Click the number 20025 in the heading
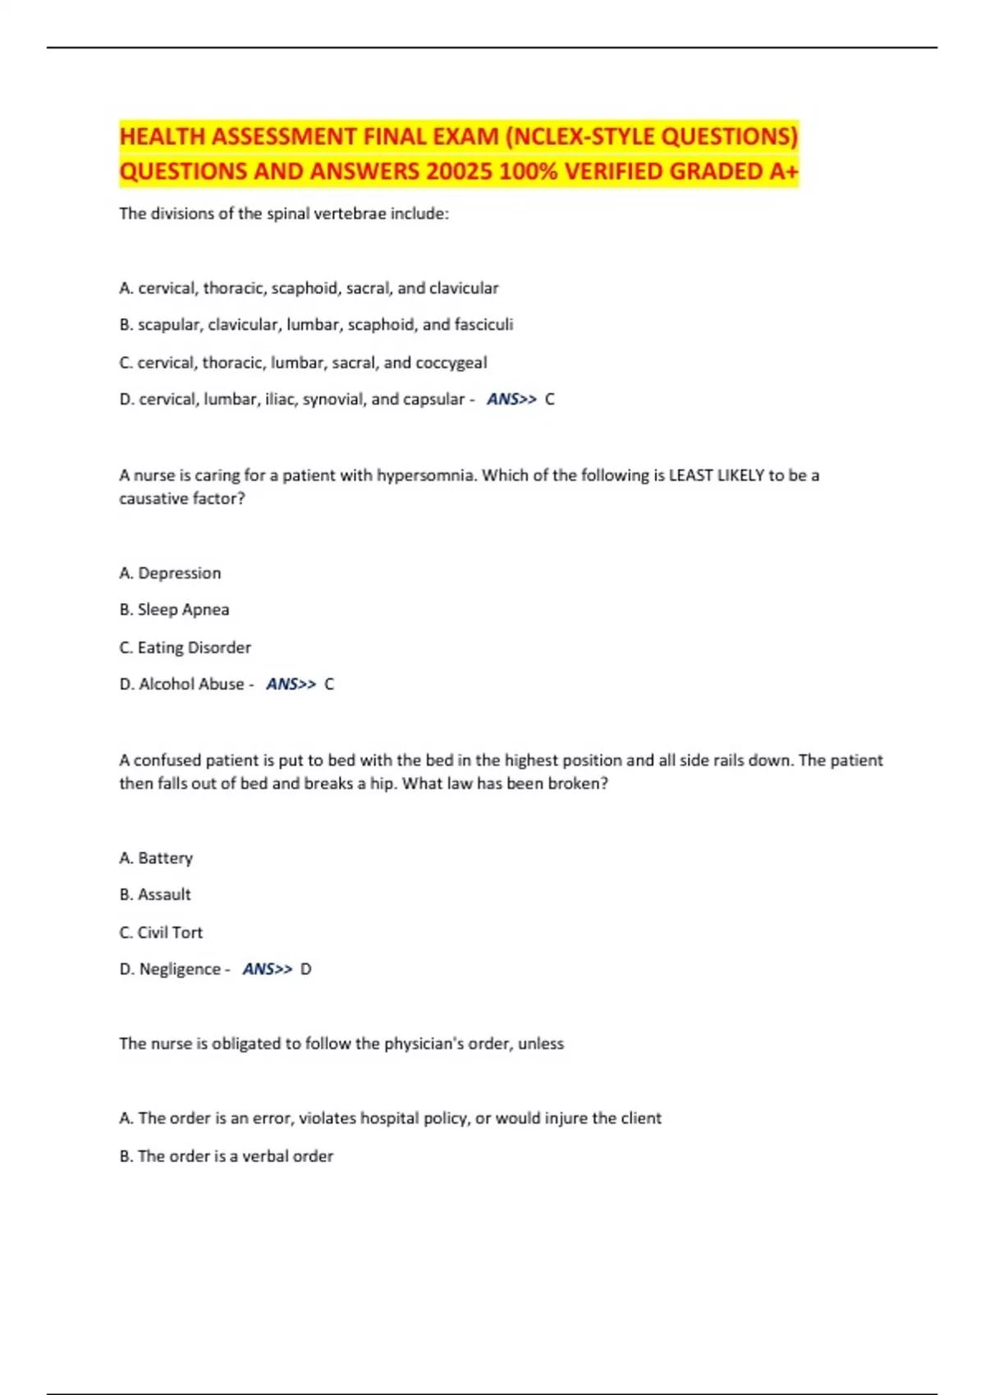(x=461, y=172)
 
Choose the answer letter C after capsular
(x=550, y=400)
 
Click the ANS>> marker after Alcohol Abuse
(x=291, y=684)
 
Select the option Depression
(x=179, y=574)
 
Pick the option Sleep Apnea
(x=183, y=610)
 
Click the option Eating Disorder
(x=194, y=648)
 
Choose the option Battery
(x=165, y=858)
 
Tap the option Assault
(x=164, y=894)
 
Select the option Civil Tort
(x=170, y=933)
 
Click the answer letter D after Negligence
(x=306, y=969)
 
